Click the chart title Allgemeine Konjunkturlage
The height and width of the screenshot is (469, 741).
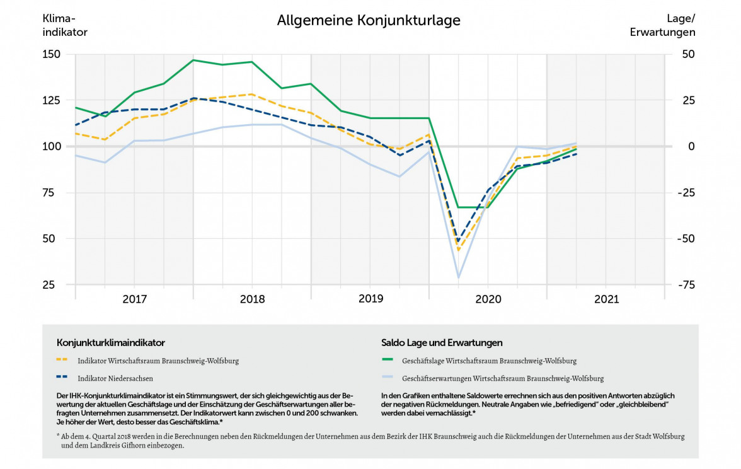pyautogui.click(x=369, y=21)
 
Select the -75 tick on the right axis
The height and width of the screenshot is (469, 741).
pyautogui.click(x=685, y=285)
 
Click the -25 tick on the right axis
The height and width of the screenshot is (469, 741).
pyautogui.click(x=685, y=193)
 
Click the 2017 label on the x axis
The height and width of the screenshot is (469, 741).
pyautogui.click(x=134, y=299)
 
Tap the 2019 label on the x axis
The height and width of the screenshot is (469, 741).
pyautogui.click(x=370, y=299)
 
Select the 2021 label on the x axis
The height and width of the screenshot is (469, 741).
pyautogui.click(x=606, y=299)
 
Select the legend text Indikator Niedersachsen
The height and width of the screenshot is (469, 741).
pyautogui.click(x=115, y=379)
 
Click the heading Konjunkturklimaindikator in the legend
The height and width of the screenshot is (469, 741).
pyautogui.click(x=110, y=343)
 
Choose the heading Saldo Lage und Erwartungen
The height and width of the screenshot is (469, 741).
pyautogui.click(x=442, y=343)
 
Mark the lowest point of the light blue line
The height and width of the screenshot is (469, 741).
pyautogui.click(x=459, y=277)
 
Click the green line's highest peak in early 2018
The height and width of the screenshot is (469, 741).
pyautogui.click(x=193, y=60)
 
